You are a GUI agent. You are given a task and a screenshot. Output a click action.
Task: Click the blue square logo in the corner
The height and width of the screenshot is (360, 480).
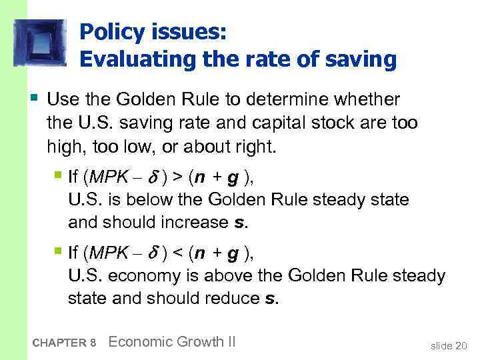pos(40,42)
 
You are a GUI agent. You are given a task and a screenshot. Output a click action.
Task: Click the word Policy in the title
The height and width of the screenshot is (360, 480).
pos(111,32)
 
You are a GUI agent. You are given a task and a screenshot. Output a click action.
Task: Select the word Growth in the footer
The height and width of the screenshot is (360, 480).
pos(193,342)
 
